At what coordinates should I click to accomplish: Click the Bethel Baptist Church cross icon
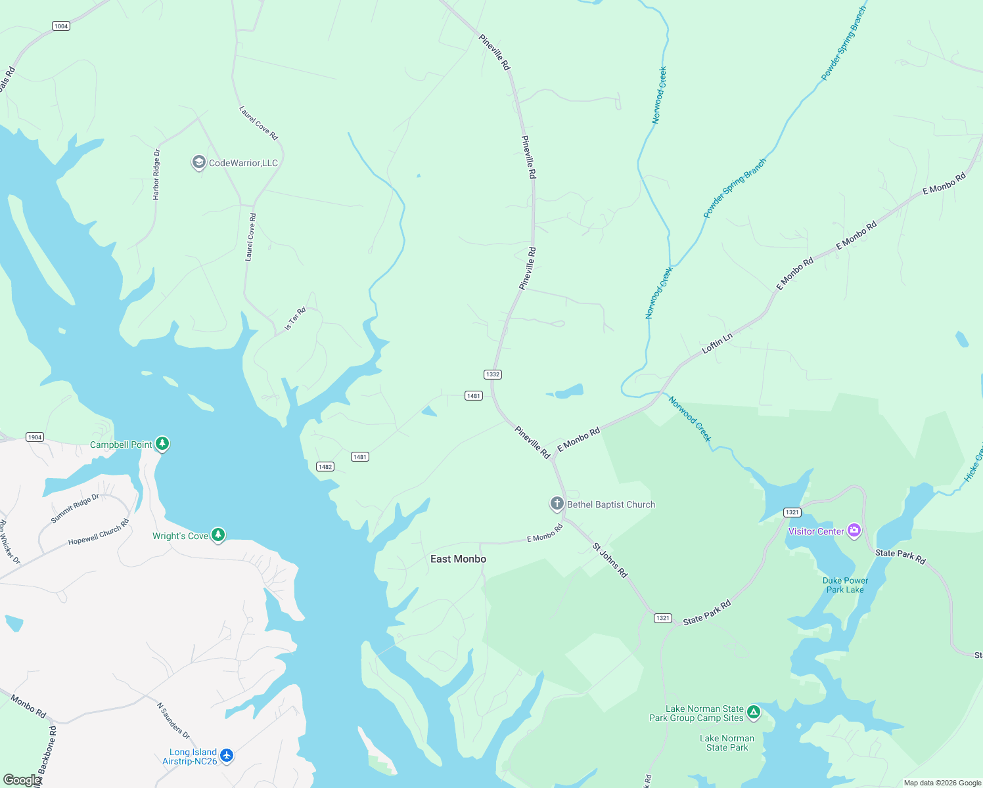557,504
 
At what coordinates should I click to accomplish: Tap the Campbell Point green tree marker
162,444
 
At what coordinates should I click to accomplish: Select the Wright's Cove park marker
218,535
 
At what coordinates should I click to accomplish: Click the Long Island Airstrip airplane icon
227,756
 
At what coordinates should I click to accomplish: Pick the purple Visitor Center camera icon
854,531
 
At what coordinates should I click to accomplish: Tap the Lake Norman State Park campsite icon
754,712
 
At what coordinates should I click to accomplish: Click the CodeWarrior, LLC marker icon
198,162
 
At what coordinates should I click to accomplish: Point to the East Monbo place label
458,559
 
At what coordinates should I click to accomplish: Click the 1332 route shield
492,374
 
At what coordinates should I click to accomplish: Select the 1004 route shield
61,26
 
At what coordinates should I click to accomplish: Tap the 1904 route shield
35,437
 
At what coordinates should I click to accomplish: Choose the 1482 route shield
325,467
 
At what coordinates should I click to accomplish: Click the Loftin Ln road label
717,343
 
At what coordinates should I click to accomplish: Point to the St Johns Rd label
610,560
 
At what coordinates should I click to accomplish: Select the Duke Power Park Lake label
845,585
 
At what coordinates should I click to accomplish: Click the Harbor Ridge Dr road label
156,175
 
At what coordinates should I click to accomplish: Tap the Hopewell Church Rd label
99,533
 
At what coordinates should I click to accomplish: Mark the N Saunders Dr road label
173,720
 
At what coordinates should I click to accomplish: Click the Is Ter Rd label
295,319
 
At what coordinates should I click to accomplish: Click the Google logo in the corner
22,780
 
